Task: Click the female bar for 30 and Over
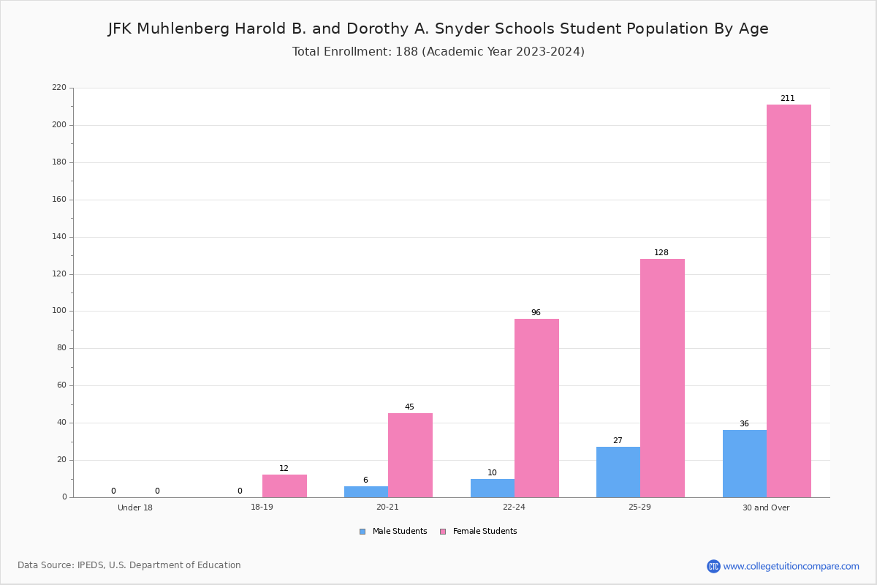(789, 301)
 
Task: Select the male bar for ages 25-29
(618, 472)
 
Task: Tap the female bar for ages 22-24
(536, 408)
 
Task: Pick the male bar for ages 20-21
(366, 491)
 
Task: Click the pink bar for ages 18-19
(284, 486)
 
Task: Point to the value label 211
(787, 98)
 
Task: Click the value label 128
(661, 253)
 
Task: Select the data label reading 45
(409, 407)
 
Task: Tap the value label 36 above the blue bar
(744, 423)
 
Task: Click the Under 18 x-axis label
(135, 507)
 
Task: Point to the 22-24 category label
(514, 507)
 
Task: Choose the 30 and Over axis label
(766, 507)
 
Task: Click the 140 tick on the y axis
(59, 237)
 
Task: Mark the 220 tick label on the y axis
(59, 87)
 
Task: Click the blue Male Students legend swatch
(362, 532)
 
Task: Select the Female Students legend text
(485, 532)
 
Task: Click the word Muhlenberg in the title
(183, 29)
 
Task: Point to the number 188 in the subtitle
(407, 52)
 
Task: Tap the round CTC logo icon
(713, 566)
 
